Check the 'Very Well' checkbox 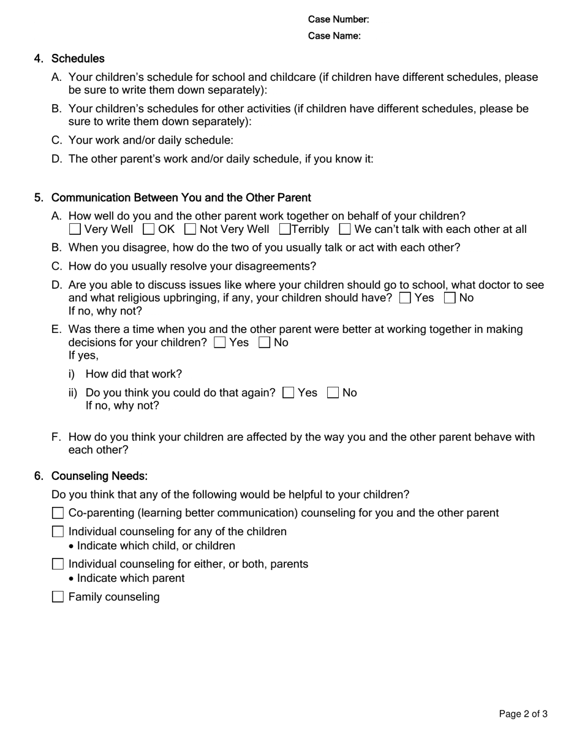coord(75,229)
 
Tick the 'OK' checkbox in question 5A coord(148,229)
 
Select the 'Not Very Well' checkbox coord(190,229)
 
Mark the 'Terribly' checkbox coord(285,229)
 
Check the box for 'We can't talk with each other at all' coord(345,229)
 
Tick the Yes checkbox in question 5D coord(405,298)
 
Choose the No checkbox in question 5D coord(450,298)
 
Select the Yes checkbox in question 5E coord(220,343)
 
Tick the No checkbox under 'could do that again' coord(333,393)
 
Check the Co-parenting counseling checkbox coord(58,513)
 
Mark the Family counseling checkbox coord(58,597)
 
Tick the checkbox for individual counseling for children coord(58,531)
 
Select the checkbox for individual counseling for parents coord(58,564)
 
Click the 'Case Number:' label coord(338,20)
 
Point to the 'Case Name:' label coord(334,36)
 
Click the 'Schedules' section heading coord(78,59)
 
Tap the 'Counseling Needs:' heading coord(99,476)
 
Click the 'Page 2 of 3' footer coord(523,714)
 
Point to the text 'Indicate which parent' coord(130,579)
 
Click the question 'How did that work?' coord(134,374)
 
